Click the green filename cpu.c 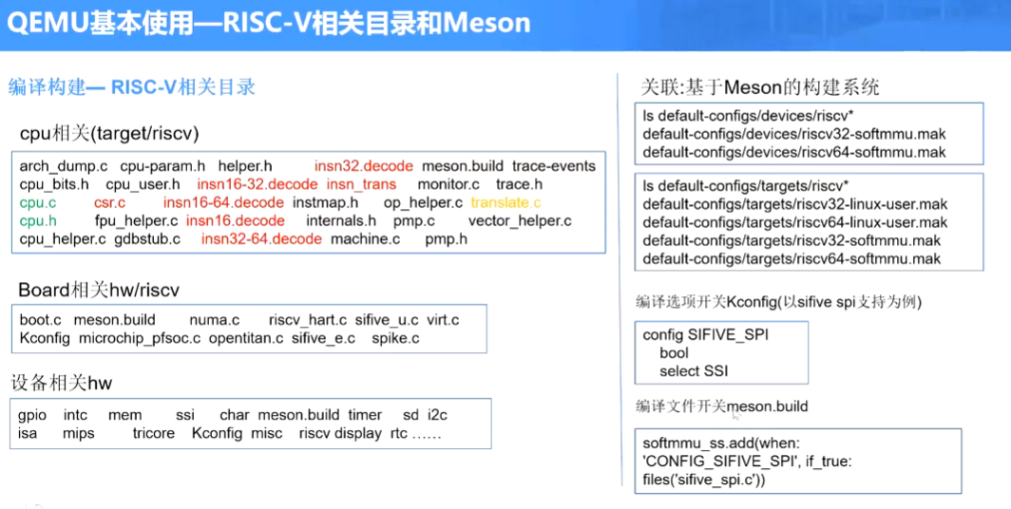click(x=38, y=202)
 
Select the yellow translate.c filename click(x=505, y=202)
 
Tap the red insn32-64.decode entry click(x=261, y=238)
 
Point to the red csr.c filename click(x=109, y=202)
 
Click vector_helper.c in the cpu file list click(x=520, y=220)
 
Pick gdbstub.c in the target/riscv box click(x=147, y=238)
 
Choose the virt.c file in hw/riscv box click(x=443, y=320)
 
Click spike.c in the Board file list click(x=395, y=338)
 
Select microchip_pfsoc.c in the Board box click(x=140, y=338)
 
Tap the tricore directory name click(x=154, y=433)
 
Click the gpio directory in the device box click(x=33, y=415)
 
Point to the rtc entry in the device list click(x=399, y=433)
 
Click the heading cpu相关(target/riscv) click(x=109, y=132)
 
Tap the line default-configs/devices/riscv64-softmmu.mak click(x=793, y=152)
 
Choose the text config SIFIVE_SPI click(x=705, y=335)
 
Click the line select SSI click(x=694, y=371)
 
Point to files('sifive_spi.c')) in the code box click(x=703, y=480)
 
